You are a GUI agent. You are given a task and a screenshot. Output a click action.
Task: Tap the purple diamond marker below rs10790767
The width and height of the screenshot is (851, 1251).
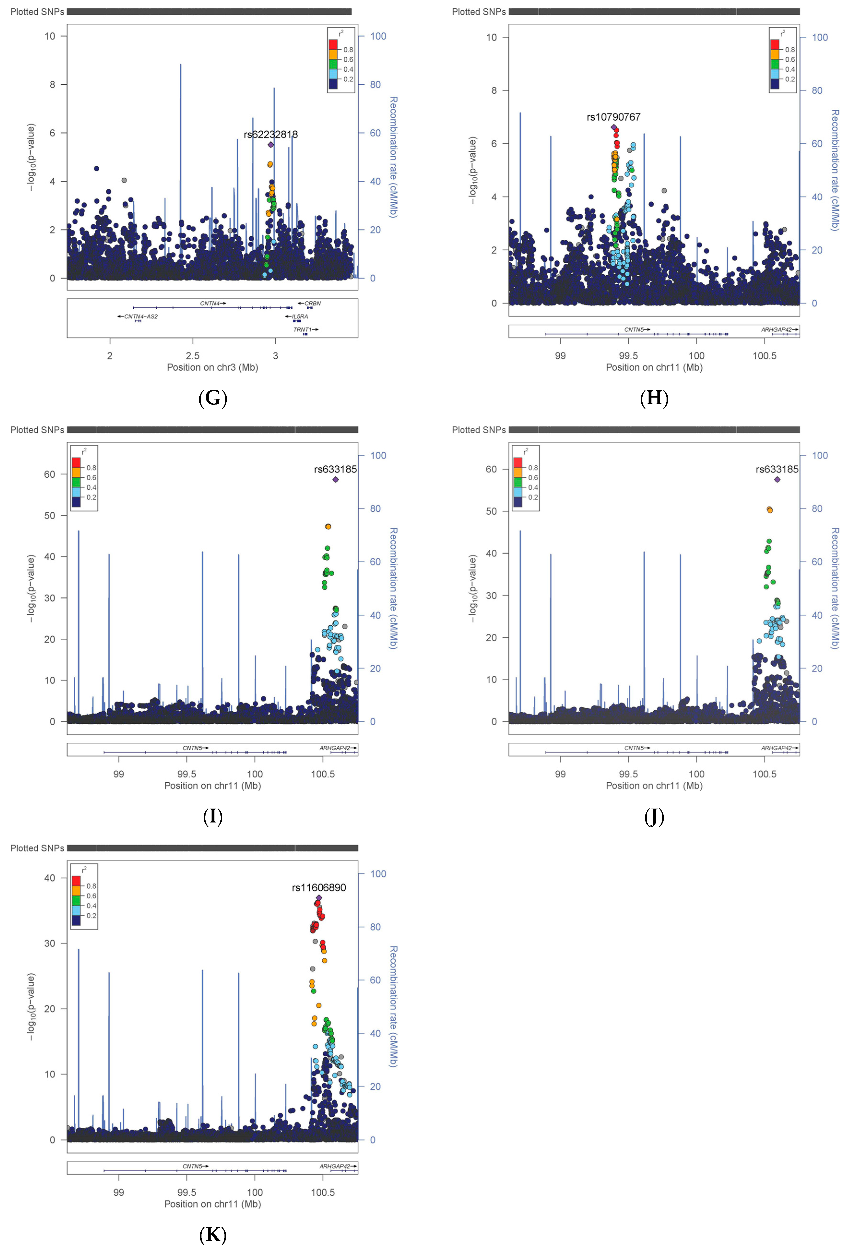(614, 128)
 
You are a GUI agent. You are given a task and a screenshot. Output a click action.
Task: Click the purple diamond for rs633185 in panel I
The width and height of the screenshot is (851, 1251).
(335, 479)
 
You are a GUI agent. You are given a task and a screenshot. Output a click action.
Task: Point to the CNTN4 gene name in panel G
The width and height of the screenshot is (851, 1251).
(210, 304)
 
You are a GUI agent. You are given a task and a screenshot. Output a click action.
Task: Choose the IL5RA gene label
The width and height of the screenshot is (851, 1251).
(300, 316)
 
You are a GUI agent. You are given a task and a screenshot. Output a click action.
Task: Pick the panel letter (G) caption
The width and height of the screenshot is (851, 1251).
(213, 398)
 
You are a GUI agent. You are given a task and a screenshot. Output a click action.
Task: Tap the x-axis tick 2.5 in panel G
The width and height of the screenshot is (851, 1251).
(193, 356)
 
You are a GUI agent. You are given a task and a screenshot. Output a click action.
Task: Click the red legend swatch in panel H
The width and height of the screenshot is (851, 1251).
(774, 44)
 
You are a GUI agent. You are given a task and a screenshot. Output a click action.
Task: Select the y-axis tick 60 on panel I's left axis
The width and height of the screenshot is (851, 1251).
(49, 474)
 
